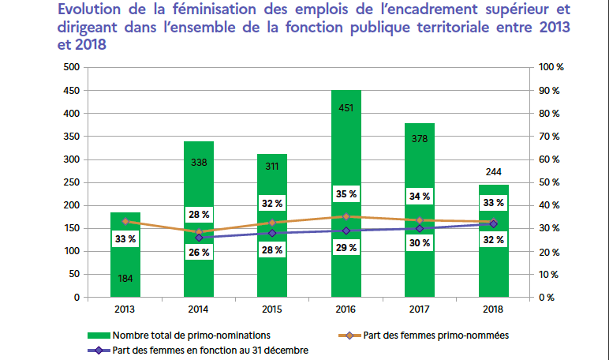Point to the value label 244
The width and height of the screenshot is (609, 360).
click(493, 172)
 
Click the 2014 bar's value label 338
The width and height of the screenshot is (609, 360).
click(199, 163)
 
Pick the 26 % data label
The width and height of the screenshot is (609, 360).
click(199, 253)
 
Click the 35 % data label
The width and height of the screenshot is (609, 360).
click(346, 194)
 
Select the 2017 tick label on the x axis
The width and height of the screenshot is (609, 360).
click(420, 309)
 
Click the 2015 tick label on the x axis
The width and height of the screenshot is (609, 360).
click(272, 309)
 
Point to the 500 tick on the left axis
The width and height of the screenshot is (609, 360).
click(73, 68)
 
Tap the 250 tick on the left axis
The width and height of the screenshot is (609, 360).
click(73, 182)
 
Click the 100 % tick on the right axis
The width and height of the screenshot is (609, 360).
click(549, 68)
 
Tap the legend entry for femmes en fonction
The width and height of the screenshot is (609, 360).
click(209, 349)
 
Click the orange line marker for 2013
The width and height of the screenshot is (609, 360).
click(125, 222)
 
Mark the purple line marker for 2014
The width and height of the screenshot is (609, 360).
click(199, 238)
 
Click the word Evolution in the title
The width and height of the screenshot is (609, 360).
click(91, 10)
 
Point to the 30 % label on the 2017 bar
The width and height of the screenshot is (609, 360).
click(420, 243)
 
